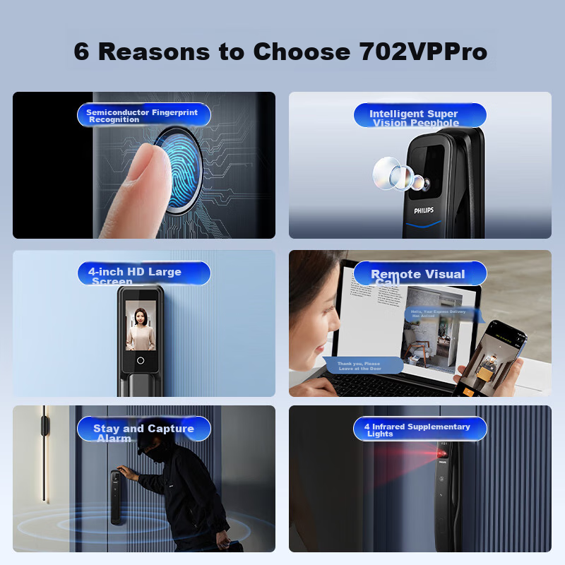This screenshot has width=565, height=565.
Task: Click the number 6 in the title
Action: click(82, 52)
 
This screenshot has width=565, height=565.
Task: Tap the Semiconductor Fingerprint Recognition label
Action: click(143, 115)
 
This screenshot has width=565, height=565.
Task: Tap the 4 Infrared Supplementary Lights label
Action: click(420, 429)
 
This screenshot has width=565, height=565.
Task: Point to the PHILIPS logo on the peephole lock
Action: click(424, 210)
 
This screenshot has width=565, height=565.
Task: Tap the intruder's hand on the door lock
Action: click(125, 474)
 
